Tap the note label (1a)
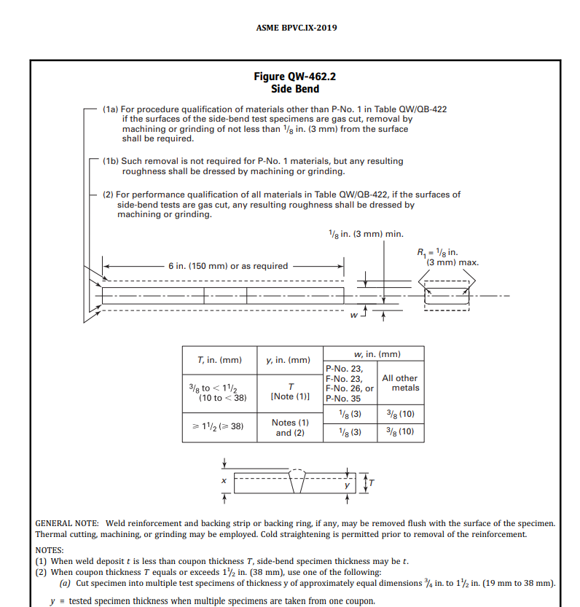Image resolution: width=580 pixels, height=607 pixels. pos(110,109)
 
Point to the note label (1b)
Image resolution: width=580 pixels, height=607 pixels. pos(110,161)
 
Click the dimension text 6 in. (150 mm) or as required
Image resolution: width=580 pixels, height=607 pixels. pos(227,266)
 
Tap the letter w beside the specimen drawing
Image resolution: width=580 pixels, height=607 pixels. pos(354,316)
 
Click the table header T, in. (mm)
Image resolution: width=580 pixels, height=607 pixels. pos(219,360)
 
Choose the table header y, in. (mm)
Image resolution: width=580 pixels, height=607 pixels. pos(289,360)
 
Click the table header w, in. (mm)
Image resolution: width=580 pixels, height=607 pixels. pos(373,354)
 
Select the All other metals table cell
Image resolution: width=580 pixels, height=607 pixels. pos(400,383)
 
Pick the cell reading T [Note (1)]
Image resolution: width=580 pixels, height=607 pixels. pos(290,392)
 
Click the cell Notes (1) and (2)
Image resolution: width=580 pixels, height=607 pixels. pos(290,427)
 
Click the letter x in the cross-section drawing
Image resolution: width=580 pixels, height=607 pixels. pos(224,481)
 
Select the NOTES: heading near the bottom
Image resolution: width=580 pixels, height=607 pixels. pos(50,550)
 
